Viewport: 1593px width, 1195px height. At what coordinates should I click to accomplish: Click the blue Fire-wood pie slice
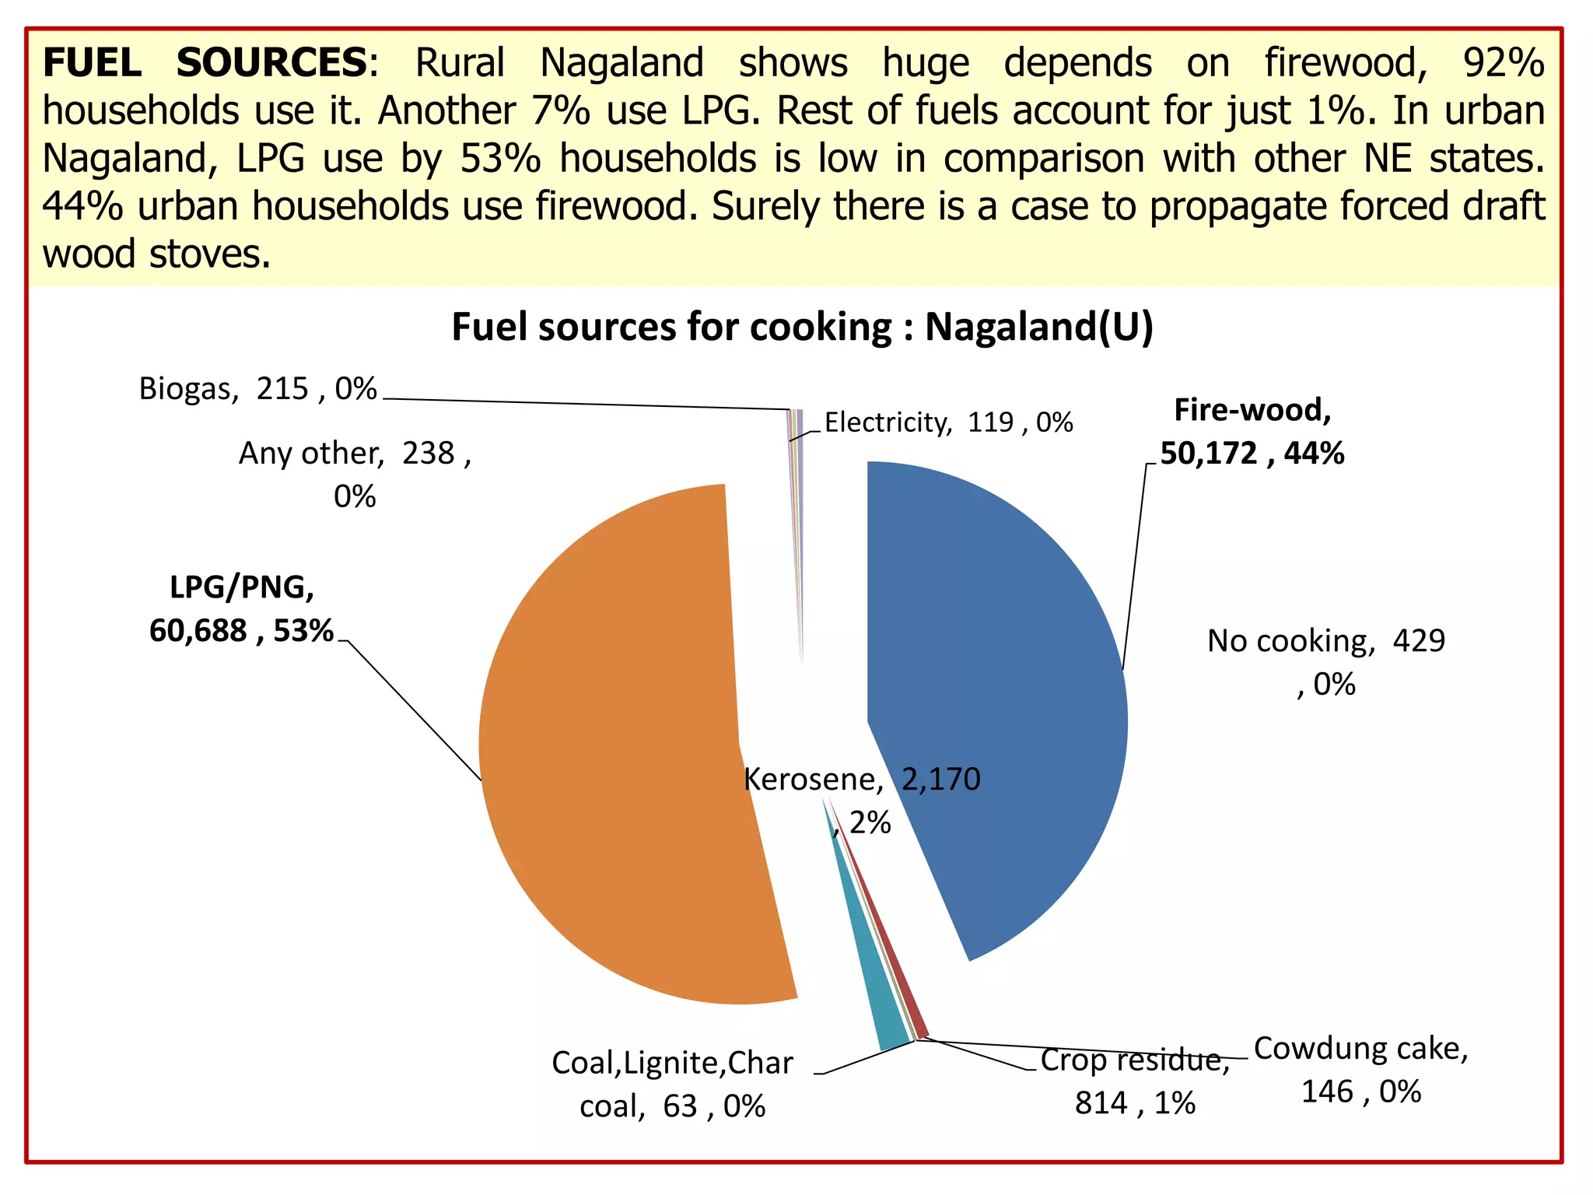click(1003, 700)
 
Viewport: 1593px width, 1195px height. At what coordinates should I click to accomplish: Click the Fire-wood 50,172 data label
click(1252, 432)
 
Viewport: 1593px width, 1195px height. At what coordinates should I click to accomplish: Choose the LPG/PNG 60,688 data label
click(241, 609)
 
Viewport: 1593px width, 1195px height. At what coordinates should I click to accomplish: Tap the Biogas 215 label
click(257, 388)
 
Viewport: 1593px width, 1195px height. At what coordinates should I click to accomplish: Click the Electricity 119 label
click(948, 422)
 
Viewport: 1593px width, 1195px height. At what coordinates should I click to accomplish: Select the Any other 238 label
click(355, 474)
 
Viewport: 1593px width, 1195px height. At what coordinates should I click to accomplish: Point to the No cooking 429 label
click(1325, 662)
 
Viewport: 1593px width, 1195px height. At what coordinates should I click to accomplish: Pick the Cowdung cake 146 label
click(1360, 1070)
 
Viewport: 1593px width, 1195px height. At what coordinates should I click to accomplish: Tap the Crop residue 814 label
click(1135, 1081)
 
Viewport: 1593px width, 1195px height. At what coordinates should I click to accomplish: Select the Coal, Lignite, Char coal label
click(672, 1084)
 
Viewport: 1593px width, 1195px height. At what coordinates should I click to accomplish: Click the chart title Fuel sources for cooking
click(802, 327)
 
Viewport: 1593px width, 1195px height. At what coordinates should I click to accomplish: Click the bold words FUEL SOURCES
click(205, 62)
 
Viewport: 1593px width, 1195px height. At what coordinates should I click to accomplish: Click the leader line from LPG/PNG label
click(412, 708)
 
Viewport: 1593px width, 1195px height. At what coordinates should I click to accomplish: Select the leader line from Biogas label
click(583, 404)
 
